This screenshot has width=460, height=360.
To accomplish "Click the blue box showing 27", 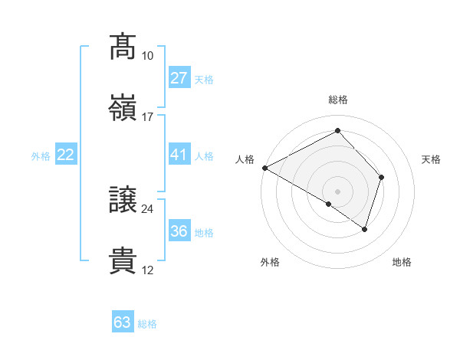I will [x=179, y=77].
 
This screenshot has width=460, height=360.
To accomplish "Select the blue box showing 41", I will [x=179, y=155].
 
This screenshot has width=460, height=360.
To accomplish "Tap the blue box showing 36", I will [x=179, y=231].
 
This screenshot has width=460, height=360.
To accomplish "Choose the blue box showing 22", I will [x=66, y=155].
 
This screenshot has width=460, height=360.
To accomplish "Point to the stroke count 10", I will [x=147, y=56].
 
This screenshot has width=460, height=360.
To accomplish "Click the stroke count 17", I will [x=147, y=117].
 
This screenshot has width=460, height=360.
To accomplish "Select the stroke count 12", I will [x=147, y=270].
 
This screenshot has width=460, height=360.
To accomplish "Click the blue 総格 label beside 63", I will [x=147, y=324].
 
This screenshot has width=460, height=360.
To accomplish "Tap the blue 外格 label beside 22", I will [x=41, y=156].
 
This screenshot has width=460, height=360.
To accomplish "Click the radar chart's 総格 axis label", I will [x=337, y=100].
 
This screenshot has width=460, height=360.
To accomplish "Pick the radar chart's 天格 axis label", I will [x=432, y=159].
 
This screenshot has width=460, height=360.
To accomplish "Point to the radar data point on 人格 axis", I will [x=264, y=167].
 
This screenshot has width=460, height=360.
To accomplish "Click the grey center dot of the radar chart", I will [x=337, y=191].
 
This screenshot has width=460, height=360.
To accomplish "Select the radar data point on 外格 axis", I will [x=329, y=204].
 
